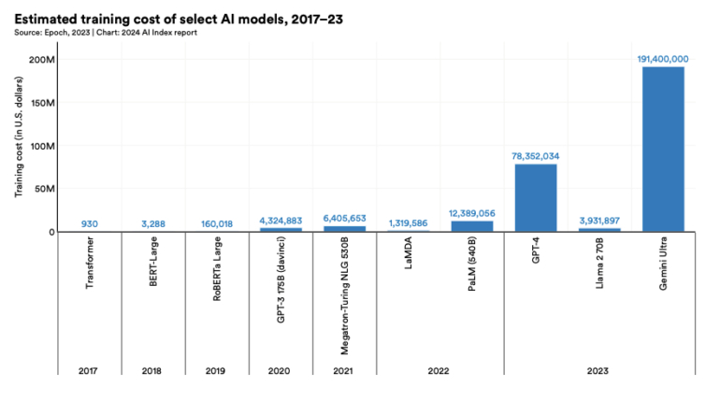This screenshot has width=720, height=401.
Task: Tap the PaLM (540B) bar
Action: pos(472,226)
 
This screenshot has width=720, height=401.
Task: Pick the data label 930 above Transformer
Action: pos(90,223)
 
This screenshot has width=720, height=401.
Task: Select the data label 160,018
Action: pos(217,223)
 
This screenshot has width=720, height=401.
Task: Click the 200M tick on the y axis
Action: pos(44,60)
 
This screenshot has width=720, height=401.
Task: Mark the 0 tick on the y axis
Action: pos(52,232)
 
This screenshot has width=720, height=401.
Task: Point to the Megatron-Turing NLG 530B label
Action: pos(344,294)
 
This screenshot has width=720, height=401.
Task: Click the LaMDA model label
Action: pos(409,258)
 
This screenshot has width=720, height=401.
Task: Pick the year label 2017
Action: pos(90,370)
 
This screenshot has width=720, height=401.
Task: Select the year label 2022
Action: pos(439,370)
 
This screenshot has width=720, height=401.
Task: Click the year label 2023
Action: pos(599,370)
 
